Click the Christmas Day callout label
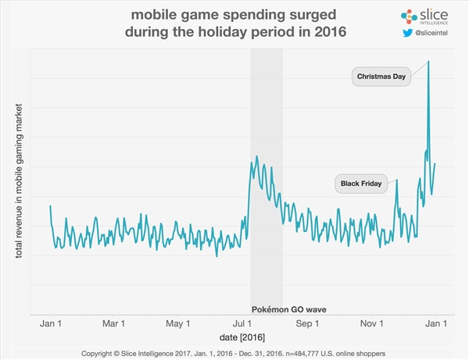(380, 77)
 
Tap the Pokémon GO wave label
(289, 309)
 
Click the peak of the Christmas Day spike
(428, 61)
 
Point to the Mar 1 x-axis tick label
(114, 323)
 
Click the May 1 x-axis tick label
(178, 323)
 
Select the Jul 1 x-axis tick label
(243, 323)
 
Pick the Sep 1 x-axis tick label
(308, 323)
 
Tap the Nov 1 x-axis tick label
(372, 323)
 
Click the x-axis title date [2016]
(242, 336)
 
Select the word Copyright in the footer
(100, 351)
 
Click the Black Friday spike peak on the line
(396, 180)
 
